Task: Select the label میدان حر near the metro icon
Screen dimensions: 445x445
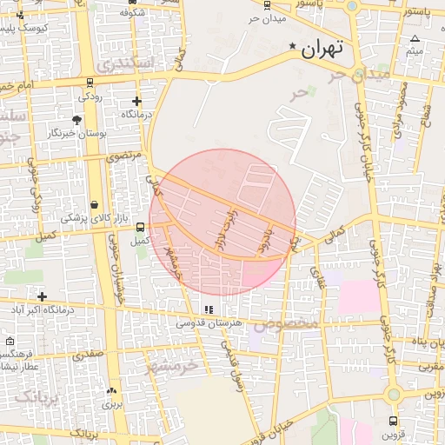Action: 266,18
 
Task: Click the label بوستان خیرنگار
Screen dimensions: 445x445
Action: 78,133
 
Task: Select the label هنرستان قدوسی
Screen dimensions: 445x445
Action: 209,322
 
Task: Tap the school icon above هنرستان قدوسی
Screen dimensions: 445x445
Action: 208,309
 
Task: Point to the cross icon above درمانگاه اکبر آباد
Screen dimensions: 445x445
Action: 42,296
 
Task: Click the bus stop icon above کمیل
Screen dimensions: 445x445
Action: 140,227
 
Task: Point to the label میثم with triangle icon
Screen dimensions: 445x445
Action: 415,51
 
